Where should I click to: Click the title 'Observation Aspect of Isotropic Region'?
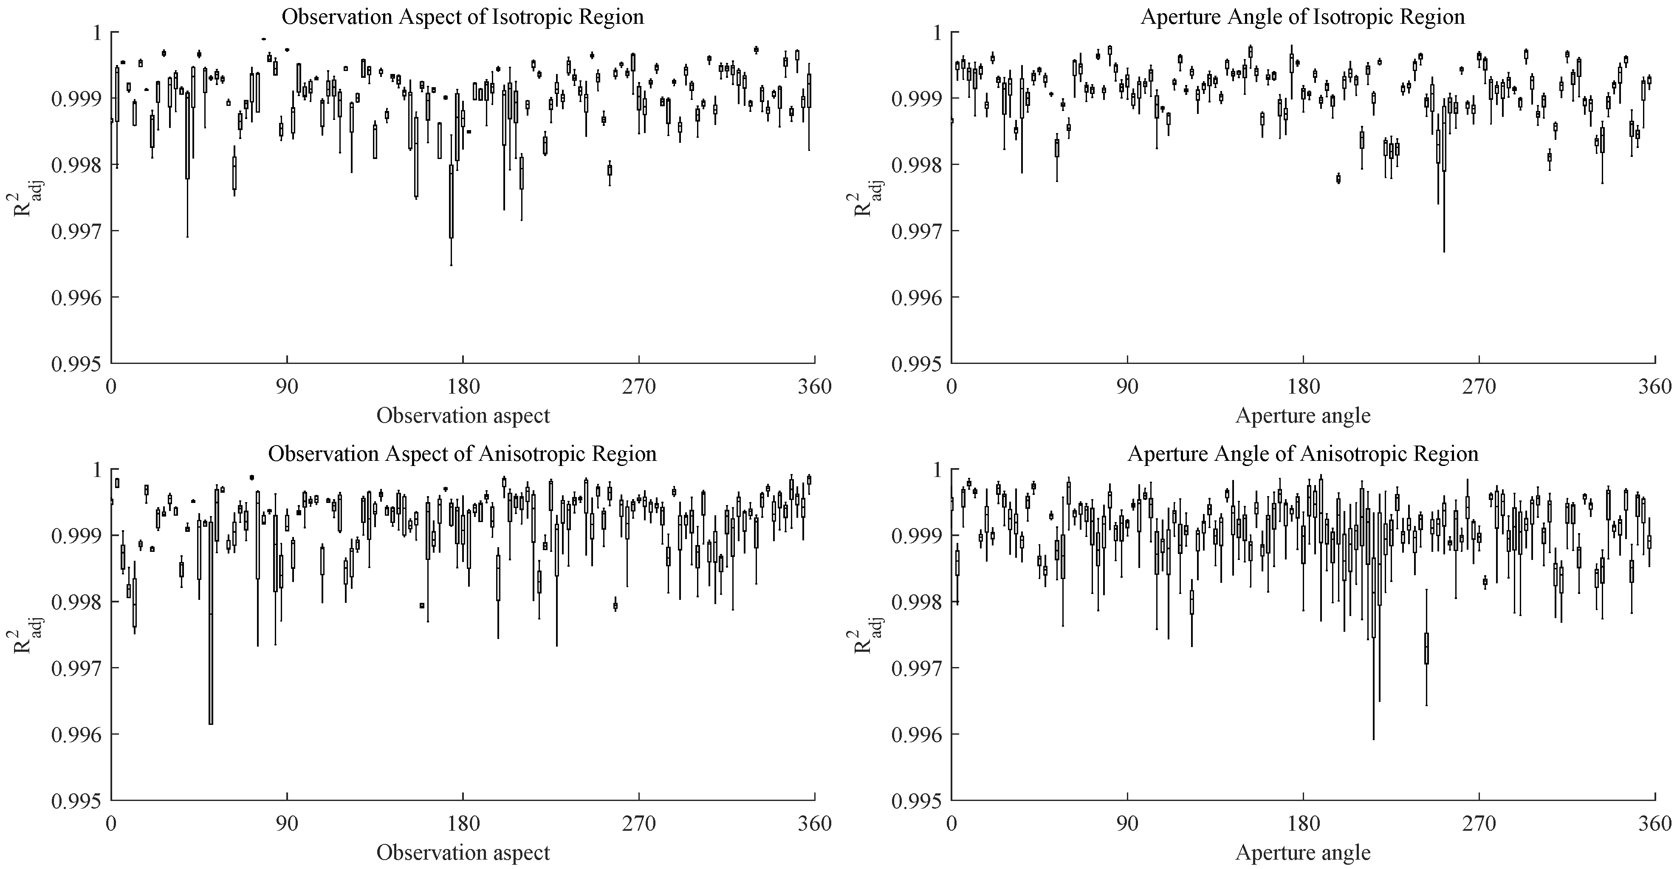[462, 16]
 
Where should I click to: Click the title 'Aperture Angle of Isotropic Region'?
[1303, 16]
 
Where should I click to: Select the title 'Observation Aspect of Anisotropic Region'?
[462, 453]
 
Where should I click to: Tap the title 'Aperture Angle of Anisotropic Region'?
[1303, 453]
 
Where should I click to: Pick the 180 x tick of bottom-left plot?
[463, 824]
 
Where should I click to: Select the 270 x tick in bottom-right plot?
[1479, 824]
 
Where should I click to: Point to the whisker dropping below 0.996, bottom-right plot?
[1374, 716]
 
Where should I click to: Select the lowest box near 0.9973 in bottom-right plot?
[1426, 648]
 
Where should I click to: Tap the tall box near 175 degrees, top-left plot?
[451, 202]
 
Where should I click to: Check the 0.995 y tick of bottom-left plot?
[77, 801]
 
